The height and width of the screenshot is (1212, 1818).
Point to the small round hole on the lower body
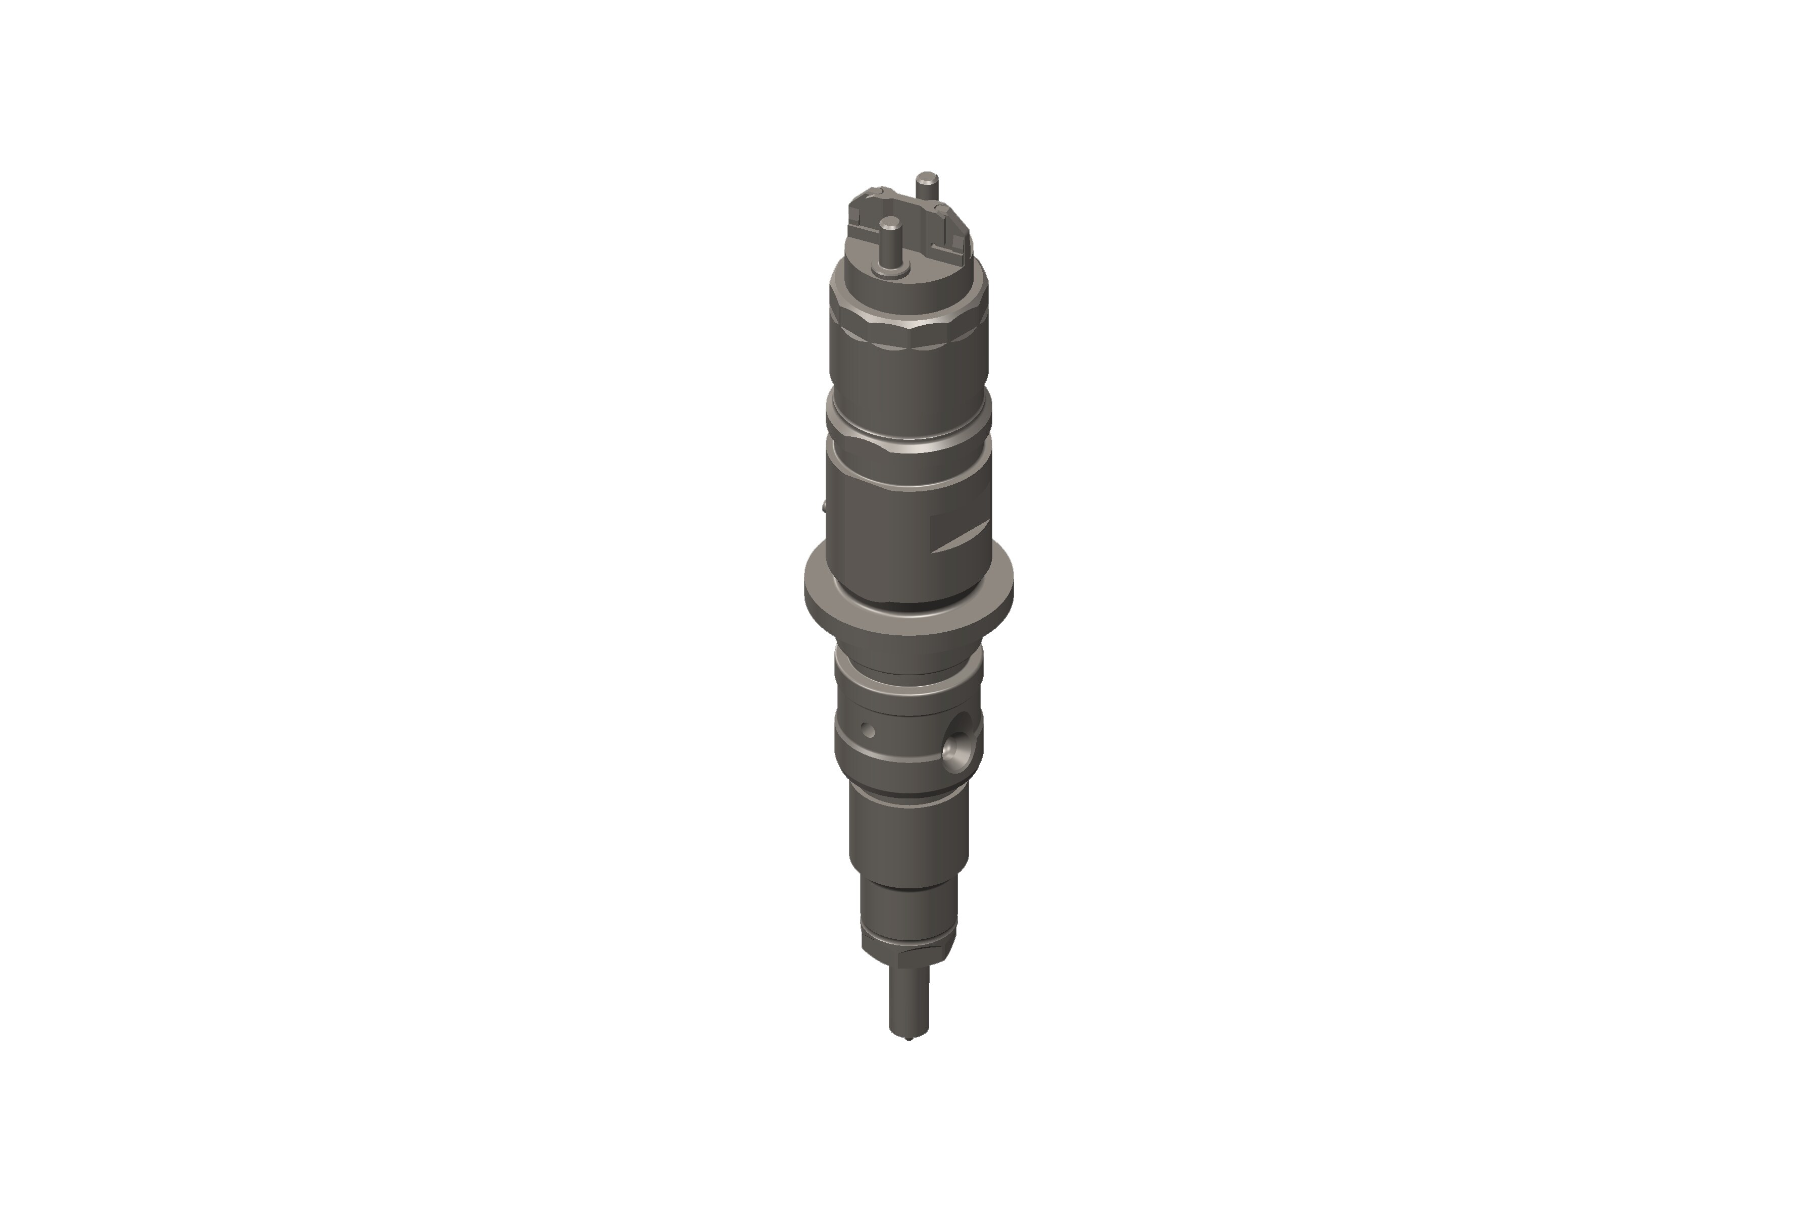pyautogui.click(x=868, y=730)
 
